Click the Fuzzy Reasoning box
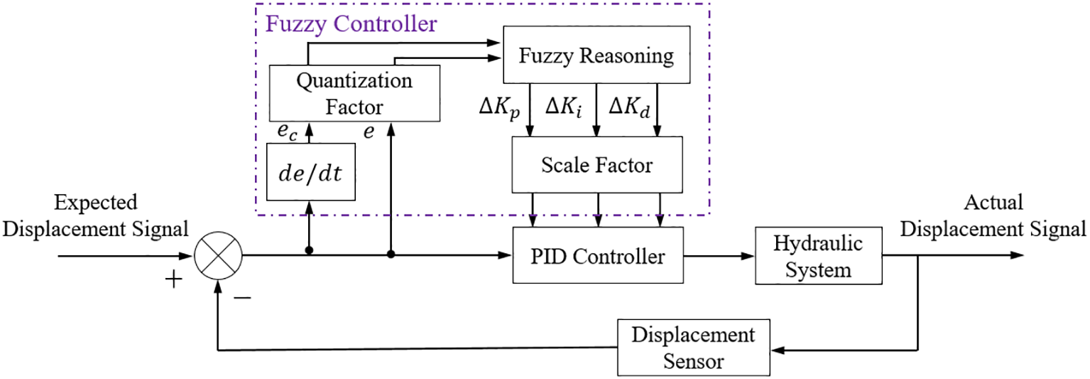(596, 55)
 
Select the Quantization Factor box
(354, 92)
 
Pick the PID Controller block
(598, 255)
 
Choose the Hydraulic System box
(818, 256)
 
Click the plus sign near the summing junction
(173, 279)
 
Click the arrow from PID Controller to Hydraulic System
(718, 255)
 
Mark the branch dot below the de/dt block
(310, 251)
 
